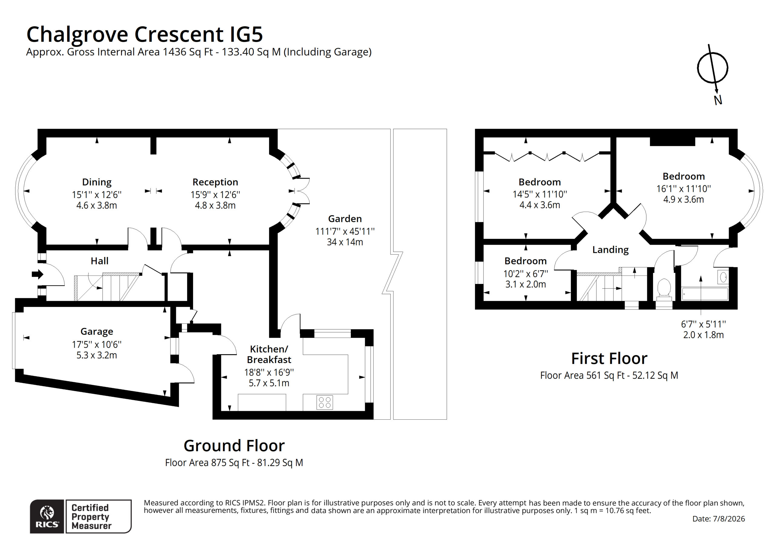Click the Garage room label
click(97, 332)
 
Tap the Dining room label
click(97, 182)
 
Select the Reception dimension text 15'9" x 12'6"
click(215, 195)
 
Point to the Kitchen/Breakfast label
click(269, 354)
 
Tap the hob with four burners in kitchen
click(324, 402)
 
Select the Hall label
click(99, 261)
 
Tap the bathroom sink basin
click(723, 278)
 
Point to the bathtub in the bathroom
click(705, 294)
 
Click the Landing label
click(610, 250)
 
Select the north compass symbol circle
click(713, 68)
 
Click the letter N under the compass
click(718, 100)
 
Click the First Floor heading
click(609, 358)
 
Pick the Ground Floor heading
click(234, 446)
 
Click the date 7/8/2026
click(729, 519)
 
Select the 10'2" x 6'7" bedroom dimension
click(526, 274)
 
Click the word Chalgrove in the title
click(77, 35)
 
